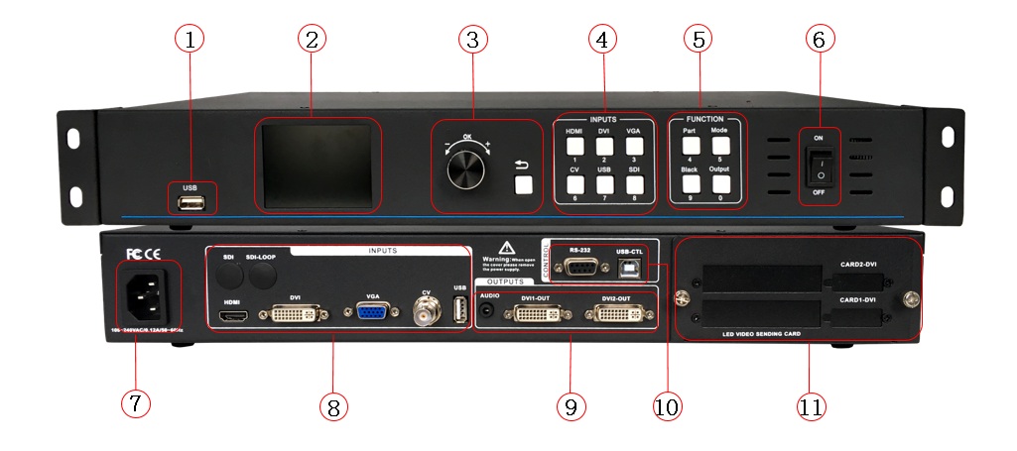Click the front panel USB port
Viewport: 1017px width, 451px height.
click(192, 203)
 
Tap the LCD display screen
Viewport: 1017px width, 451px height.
click(318, 164)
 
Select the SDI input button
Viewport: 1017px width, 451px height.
click(633, 183)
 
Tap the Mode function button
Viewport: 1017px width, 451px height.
click(721, 145)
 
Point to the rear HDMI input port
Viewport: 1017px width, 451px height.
click(235, 317)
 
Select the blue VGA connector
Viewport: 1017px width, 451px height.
click(372, 313)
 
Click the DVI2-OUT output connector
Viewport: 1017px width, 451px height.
click(619, 315)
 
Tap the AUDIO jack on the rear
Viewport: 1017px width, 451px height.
click(487, 311)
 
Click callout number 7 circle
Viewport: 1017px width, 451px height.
click(136, 402)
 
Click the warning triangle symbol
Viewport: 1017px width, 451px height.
click(506, 247)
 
